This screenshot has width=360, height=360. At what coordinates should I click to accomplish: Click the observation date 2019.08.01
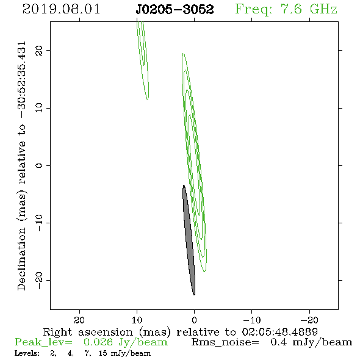[x=61, y=9]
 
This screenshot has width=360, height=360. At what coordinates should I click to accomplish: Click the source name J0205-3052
[x=175, y=9]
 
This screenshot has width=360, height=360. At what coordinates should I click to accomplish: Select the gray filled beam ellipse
[x=189, y=240]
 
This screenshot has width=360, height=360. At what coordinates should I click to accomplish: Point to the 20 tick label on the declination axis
[x=39, y=50]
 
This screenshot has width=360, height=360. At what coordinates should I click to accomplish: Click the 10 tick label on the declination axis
[x=39, y=107]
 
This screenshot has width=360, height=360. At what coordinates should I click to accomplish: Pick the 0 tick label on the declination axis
[x=39, y=165]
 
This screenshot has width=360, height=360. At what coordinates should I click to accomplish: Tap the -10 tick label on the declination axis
[x=39, y=223]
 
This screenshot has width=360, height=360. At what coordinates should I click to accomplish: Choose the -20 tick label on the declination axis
[x=39, y=280]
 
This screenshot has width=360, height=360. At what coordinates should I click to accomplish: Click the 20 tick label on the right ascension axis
[x=79, y=320]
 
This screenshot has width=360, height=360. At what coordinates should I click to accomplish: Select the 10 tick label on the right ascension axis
[x=137, y=320]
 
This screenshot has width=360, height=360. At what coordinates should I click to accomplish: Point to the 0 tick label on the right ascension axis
[x=195, y=320]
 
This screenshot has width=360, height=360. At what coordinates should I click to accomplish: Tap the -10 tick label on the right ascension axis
[x=252, y=320]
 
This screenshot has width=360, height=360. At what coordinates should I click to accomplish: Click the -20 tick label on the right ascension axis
[x=309, y=320]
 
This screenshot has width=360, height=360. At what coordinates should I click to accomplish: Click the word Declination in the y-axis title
[x=21, y=259]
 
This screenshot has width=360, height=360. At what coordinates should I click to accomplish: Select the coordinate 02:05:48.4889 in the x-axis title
[x=279, y=332]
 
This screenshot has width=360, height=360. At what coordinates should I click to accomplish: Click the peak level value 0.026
[x=98, y=342]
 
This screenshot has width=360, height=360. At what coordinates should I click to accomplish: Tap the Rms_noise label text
[x=225, y=342]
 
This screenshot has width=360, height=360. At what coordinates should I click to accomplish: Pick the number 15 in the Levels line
[x=103, y=353]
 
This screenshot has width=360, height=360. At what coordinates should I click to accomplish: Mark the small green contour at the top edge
[x=143, y=60]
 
